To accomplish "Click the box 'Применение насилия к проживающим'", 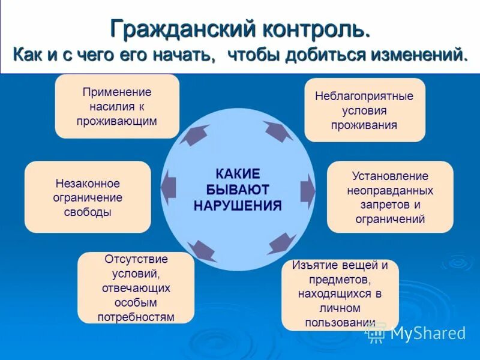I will coord(117,106).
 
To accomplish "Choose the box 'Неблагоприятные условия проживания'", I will coord(364,110).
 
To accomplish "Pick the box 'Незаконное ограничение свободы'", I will coord(88,197).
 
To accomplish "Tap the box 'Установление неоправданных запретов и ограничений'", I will coord(390,197).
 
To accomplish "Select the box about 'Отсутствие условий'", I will coord(136,288).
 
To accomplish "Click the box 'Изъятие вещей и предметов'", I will coord(340,294).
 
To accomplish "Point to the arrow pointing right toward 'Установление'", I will coord(307,188).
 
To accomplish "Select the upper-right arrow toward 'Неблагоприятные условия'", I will coord(277,131).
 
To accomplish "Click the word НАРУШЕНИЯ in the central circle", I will coord(238,205).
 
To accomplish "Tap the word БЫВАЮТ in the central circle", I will coord(238,190).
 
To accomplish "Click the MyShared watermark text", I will coord(428,333).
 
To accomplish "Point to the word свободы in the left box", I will coord(88,212).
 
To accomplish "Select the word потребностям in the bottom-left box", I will coord(136,316).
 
